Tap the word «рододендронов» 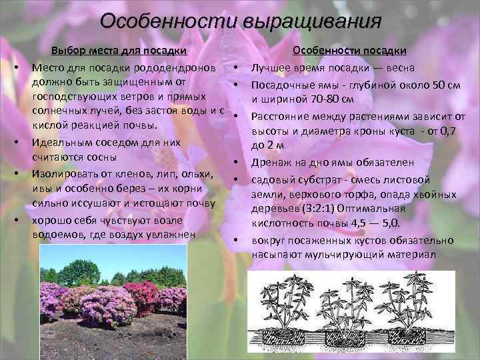[x=182, y=67]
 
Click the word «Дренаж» [x=273, y=162]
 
